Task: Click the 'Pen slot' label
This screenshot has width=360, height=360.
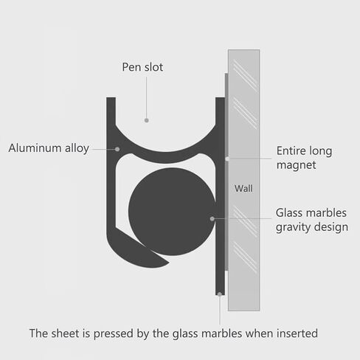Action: tap(142, 67)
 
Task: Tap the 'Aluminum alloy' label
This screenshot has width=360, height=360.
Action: tap(49, 148)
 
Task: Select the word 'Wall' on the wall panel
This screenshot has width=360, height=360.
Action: tap(243, 189)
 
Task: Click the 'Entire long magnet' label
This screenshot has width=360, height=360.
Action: tap(304, 158)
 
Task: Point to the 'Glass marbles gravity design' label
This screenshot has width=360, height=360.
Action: tap(311, 220)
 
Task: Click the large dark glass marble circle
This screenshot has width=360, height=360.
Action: tap(172, 212)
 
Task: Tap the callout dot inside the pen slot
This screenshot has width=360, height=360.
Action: tap(147, 120)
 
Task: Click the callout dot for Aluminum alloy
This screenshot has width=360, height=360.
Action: tap(117, 149)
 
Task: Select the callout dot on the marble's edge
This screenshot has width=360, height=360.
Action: tap(212, 218)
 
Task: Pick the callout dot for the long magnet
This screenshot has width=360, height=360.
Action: tap(227, 159)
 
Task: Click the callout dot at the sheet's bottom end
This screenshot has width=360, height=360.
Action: tap(220, 294)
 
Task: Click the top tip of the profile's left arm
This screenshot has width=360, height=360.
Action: tap(111, 97)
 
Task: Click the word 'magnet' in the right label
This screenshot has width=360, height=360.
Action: tap(296, 165)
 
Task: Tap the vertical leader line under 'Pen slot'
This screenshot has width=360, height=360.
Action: tap(147, 97)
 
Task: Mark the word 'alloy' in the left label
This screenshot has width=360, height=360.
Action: tap(77, 148)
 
